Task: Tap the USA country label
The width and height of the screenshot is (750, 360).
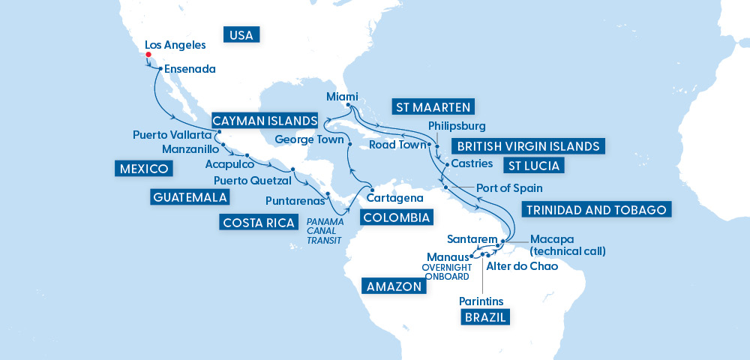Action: click(x=240, y=34)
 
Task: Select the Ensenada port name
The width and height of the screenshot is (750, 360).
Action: click(x=190, y=69)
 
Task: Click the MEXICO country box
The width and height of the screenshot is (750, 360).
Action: click(x=142, y=169)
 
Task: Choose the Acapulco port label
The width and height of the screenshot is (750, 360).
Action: click(x=229, y=164)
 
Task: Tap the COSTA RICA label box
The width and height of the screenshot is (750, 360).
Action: click(x=257, y=223)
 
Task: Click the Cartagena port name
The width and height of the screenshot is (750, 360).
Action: click(x=394, y=198)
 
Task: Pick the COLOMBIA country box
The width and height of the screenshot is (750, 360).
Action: click(x=396, y=218)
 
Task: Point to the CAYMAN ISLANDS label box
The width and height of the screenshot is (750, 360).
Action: click(x=264, y=120)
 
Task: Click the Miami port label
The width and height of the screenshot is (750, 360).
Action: click(x=343, y=96)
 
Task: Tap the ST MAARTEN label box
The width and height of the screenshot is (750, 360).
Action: click(x=434, y=106)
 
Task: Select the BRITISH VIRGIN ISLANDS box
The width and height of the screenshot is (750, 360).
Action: click(x=528, y=145)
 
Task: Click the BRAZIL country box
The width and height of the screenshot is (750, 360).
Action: click(x=484, y=317)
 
